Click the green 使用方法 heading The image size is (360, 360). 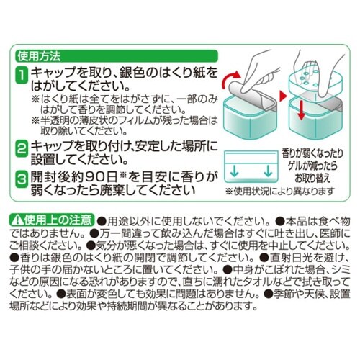pos(39,56)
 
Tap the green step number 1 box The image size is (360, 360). pos(22,75)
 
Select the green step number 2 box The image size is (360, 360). pos(22,149)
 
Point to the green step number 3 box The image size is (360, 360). pos(22,179)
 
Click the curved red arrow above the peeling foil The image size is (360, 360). pos(231,78)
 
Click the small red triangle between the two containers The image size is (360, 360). pos(283,96)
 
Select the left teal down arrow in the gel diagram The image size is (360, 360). pos(235,171)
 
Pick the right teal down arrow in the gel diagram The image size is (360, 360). pos(268,171)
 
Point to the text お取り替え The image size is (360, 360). pos(312,179)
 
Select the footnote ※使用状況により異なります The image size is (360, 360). pos(280,192)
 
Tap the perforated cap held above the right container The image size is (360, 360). pos(315,81)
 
